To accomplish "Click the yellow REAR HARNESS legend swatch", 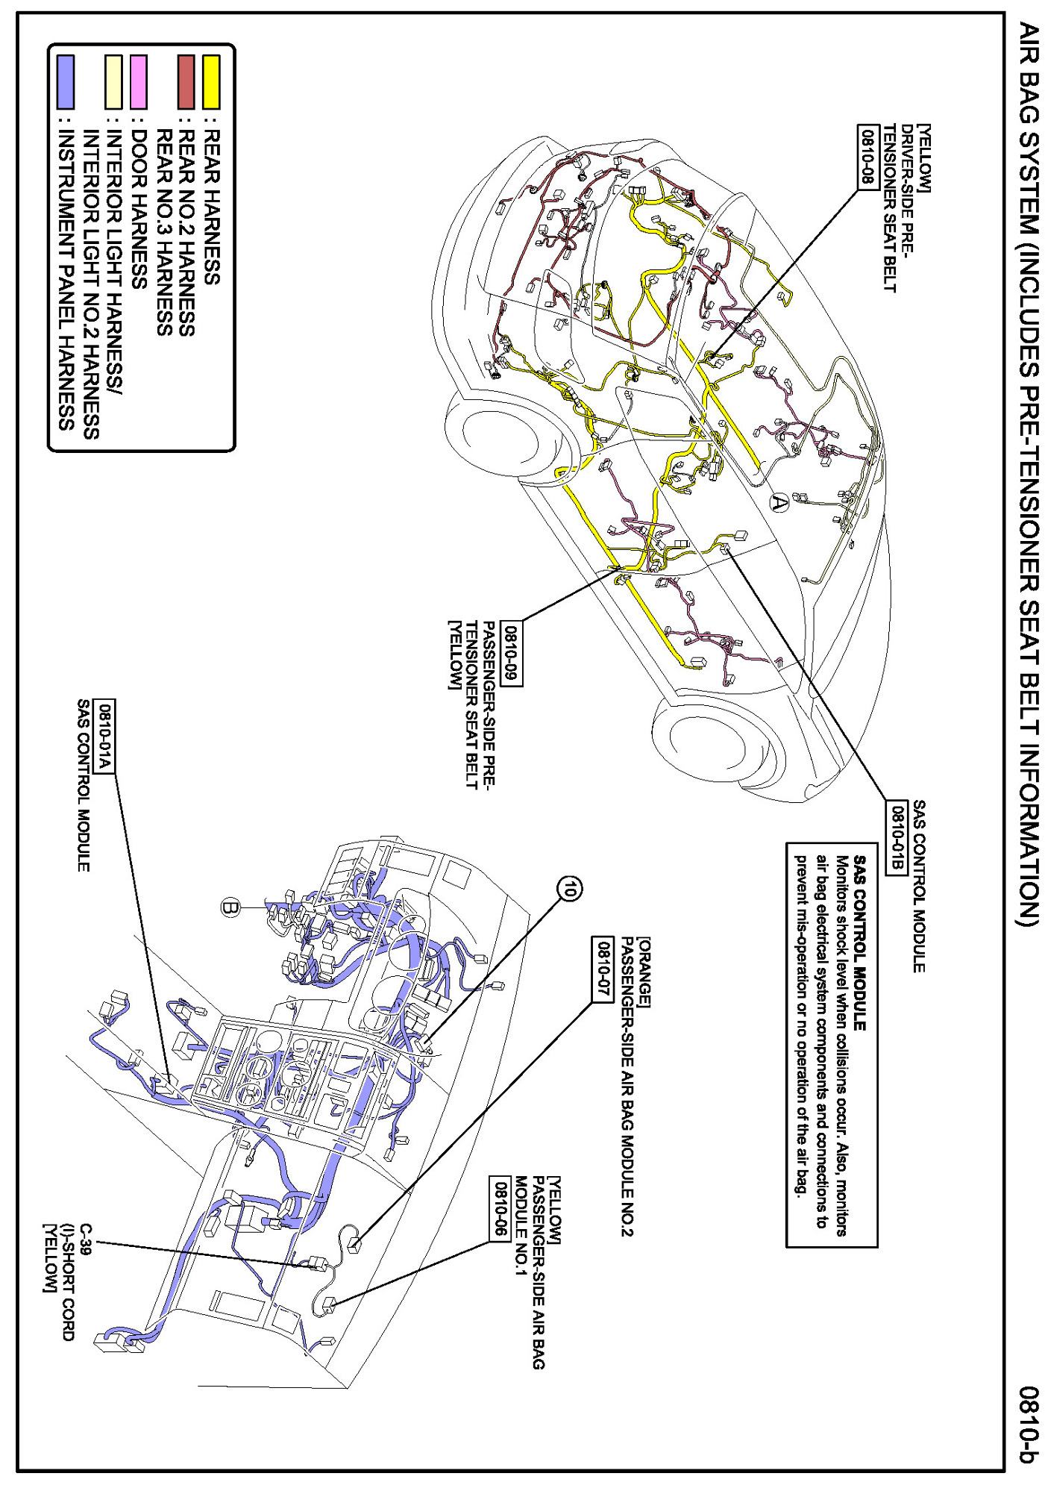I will tap(211, 81).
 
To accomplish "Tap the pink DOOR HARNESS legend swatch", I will tap(138, 81).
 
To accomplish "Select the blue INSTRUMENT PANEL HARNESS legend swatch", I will tap(66, 81).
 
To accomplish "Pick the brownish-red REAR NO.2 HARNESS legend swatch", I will tap(186, 81).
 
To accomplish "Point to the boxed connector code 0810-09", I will tap(511, 653).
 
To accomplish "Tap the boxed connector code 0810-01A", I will tap(105, 737).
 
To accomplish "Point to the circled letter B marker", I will tap(230, 907).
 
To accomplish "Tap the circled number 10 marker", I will tap(570, 888).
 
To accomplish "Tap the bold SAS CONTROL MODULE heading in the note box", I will tap(859, 943).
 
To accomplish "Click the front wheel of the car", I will tap(709, 739).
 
